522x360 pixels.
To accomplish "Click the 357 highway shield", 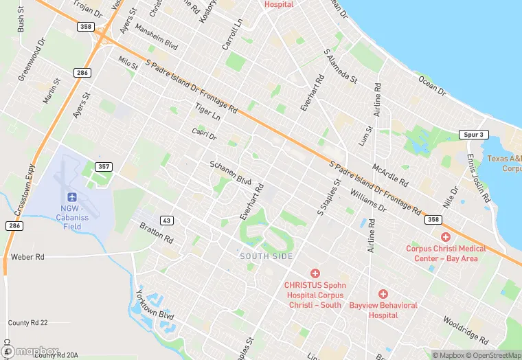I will coord(104,167).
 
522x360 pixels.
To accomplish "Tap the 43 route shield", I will coord(166,220).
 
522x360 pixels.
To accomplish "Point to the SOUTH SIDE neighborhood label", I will coord(266,256).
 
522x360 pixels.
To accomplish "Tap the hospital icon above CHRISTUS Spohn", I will coord(315,273).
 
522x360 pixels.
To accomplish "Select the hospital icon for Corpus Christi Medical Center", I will coord(446,237).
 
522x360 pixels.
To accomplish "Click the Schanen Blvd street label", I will coord(230,173).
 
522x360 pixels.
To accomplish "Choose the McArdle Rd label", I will coord(389,175).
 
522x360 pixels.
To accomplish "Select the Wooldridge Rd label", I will coord(465,330).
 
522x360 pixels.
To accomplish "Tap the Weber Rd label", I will coord(27,257).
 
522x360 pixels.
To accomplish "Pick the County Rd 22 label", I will coord(27,323).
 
